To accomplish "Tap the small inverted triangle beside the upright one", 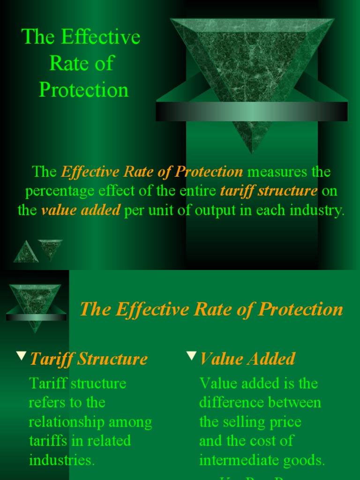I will (x=50, y=248).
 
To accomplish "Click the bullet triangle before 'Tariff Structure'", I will (x=21, y=356).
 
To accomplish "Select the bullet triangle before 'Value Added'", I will (x=191, y=356).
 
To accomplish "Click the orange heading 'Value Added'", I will (x=247, y=359).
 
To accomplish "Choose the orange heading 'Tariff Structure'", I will (x=89, y=359).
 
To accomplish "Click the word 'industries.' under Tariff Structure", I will (x=62, y=460).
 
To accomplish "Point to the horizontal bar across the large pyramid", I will (x=252, y=112).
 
